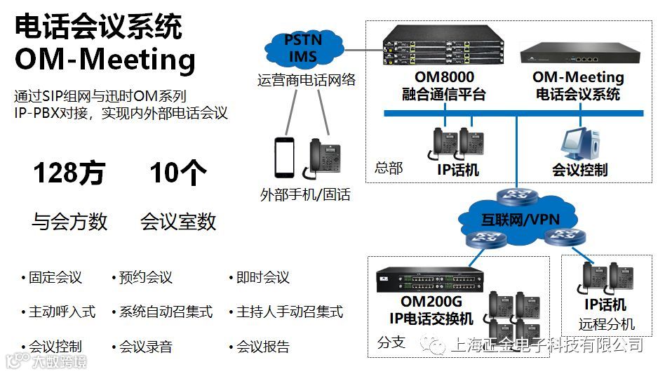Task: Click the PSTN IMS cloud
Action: coord(303,48)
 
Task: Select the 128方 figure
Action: coord(69,173)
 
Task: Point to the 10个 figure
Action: coord(175,173)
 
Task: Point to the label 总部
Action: coord(389,168)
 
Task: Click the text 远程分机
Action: coord(607,324)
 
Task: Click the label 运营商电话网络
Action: coord(306,80)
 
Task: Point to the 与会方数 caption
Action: coord(69,222)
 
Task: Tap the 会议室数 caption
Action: coord(178,222)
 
